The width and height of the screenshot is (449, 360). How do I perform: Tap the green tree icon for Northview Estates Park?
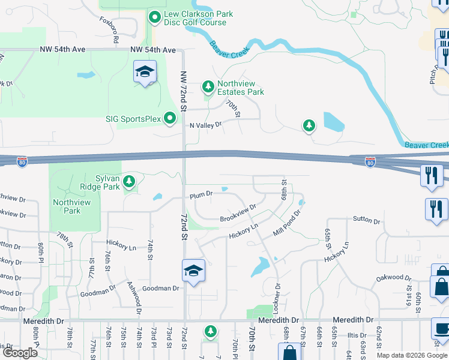[208, 88]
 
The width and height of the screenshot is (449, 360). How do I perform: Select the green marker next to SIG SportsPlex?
[170, 118]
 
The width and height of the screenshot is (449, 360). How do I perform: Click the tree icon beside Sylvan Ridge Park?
[128, 181]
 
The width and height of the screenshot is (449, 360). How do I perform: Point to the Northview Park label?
[71, 206]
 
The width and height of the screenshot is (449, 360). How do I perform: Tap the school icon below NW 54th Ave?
[145, 72]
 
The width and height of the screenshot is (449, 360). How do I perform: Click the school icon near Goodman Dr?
[193, 271]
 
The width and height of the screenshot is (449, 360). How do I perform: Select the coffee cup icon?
[441, 329]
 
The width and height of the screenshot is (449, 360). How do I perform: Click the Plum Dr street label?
[202, 195]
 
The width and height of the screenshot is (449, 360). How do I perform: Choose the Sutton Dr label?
[367, 221]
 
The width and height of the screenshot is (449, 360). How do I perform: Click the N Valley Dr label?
[206, 125]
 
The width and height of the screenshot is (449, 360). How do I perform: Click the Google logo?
[20, 353]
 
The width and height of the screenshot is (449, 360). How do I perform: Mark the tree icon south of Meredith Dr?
[210, 331]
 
